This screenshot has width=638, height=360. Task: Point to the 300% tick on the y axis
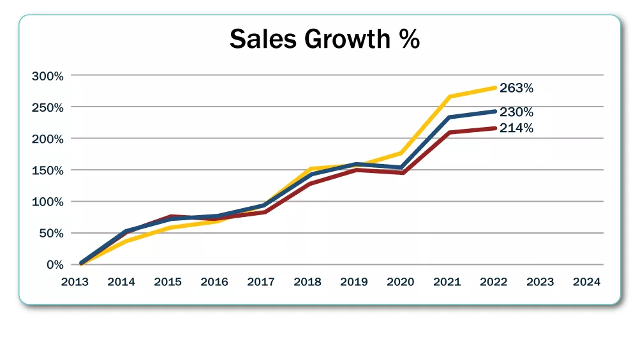[x=48, y=76]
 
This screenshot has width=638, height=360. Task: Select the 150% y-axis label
[x=48, y=170]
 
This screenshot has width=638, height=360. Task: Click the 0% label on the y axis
[x=56, y=264]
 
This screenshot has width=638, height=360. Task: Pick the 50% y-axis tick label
[x=52, y=233]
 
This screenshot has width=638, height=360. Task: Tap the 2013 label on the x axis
[x=75, y=282]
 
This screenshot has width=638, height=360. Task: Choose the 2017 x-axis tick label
[x=261, y=282]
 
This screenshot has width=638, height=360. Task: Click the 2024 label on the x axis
[x=586, y=282]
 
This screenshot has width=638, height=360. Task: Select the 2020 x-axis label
[x=401, y=282]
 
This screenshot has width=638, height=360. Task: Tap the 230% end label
[x=517, y=112]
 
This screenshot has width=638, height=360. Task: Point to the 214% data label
[x=517, y=128]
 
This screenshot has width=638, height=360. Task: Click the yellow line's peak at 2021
[x=449, y=97]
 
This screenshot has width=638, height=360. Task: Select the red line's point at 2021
[x=449, y=133]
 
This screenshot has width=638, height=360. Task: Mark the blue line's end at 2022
[x=495, y=112]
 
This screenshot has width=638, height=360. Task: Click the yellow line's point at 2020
[x=402, y=153]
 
